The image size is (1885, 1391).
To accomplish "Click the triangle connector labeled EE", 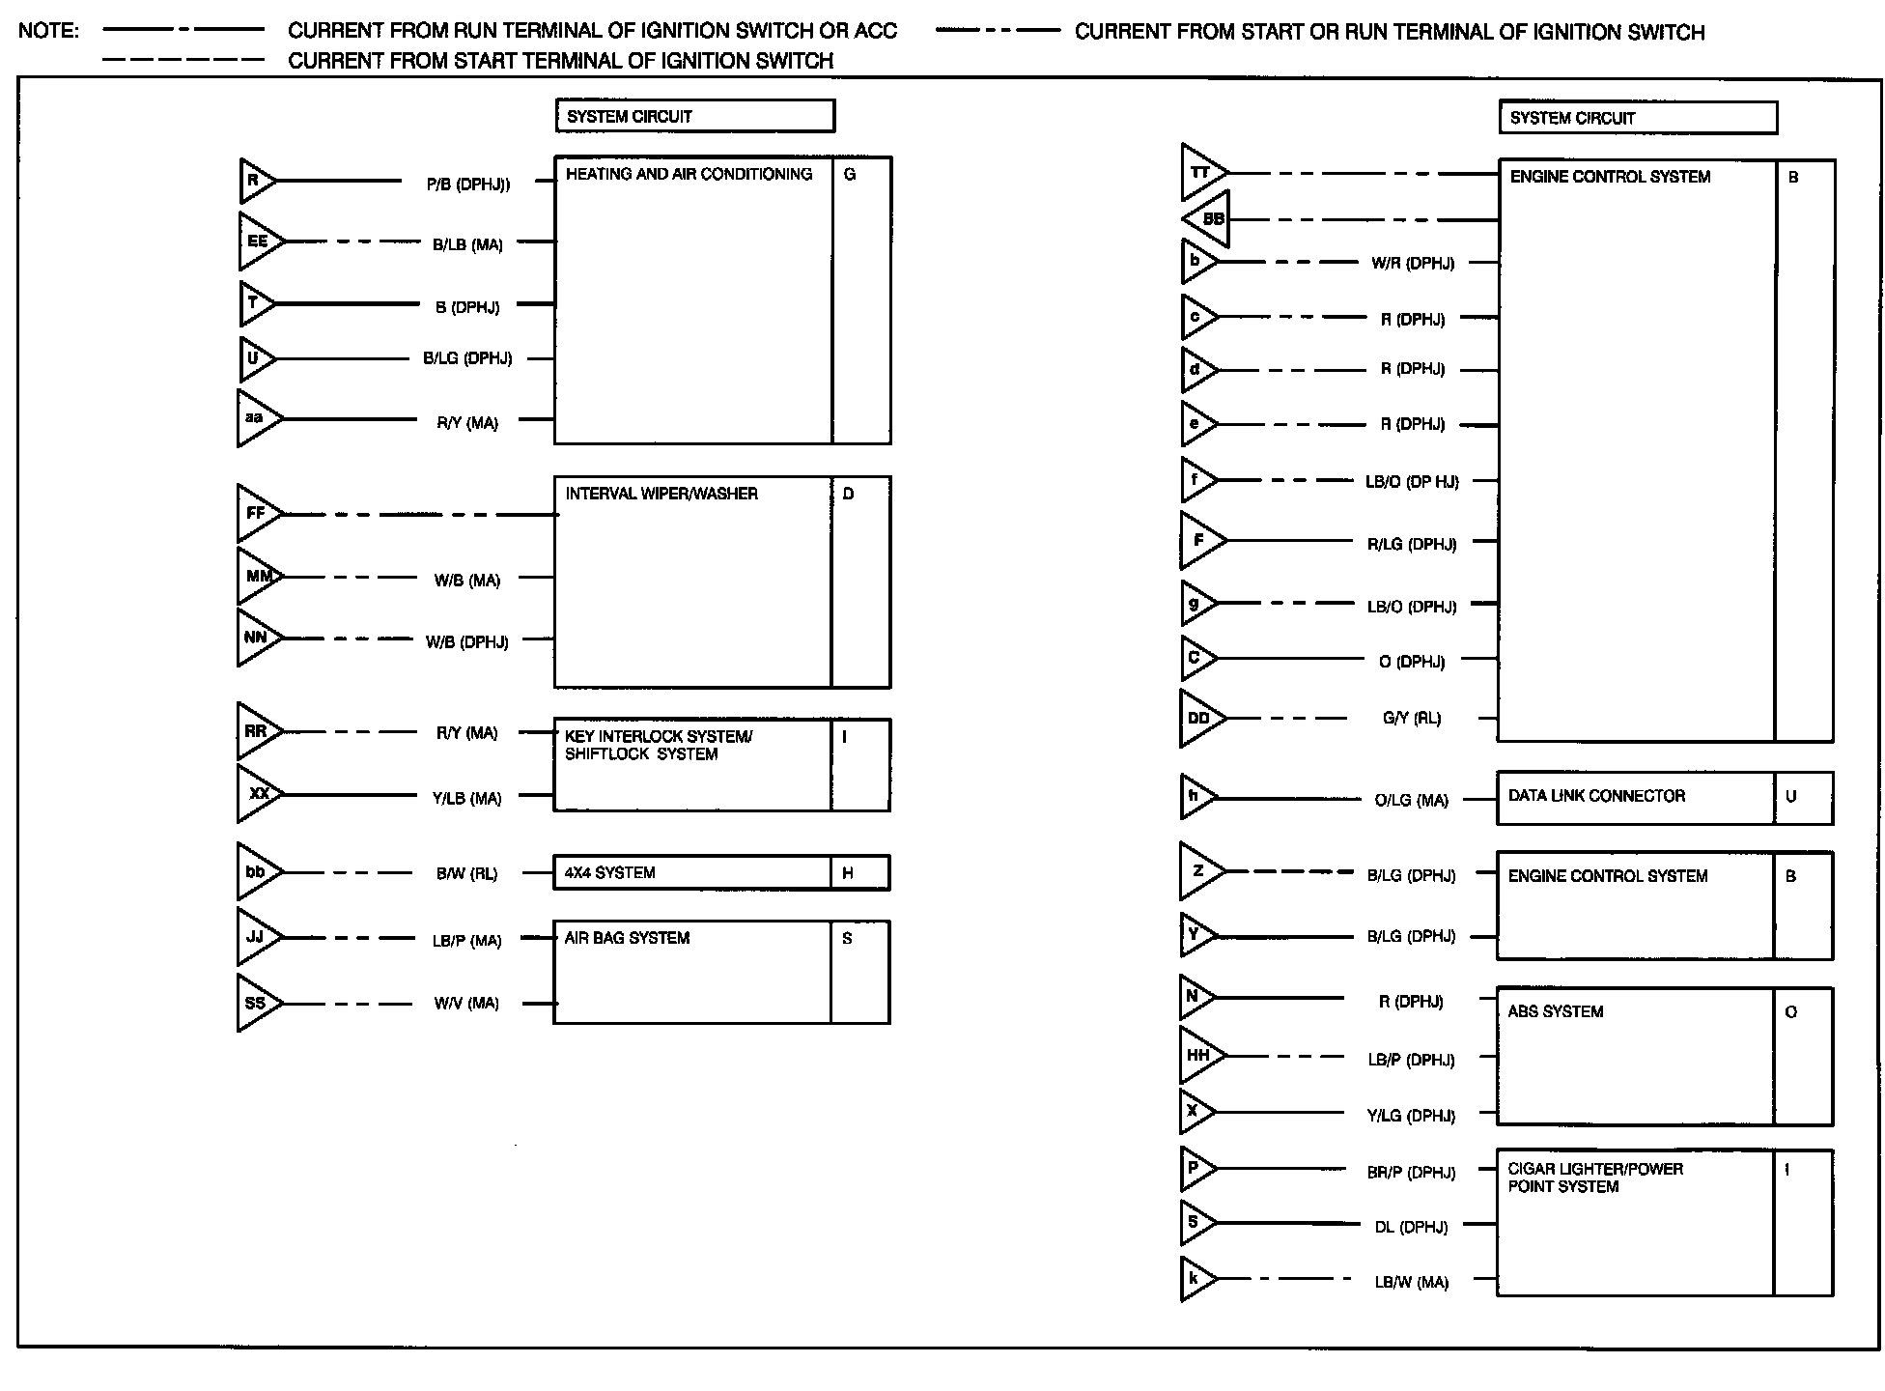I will pos(258,241).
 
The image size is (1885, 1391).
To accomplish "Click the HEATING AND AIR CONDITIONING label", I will pos(689,175).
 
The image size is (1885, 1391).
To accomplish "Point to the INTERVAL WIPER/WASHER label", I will pos(661,494).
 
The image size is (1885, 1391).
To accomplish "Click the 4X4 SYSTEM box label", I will pos(609,873).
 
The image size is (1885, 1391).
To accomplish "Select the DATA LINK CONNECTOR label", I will pos(1596,796).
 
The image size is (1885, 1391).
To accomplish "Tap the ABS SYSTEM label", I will pos(1555,1011).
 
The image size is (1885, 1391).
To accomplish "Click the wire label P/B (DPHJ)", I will pos(468,185).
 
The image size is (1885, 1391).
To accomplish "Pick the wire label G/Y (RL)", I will pos(1411,719).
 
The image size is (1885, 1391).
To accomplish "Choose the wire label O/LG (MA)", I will pos(1411,800).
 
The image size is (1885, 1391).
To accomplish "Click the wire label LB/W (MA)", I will pos(1411,1283).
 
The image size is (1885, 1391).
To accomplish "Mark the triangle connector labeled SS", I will pos(256,1004).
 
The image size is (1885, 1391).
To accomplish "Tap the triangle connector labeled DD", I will pos(1199,719).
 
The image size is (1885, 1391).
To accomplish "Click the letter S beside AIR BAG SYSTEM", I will pos(847,938).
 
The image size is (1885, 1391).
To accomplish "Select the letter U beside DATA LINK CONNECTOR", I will pos(1791,797).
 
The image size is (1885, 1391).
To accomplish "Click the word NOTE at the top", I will pos(48,31).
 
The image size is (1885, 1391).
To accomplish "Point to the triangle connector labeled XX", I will pos(258,794).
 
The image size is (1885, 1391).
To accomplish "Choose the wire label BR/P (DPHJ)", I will pos(1411,1173).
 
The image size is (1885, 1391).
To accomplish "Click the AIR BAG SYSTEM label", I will pos(627,938).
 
